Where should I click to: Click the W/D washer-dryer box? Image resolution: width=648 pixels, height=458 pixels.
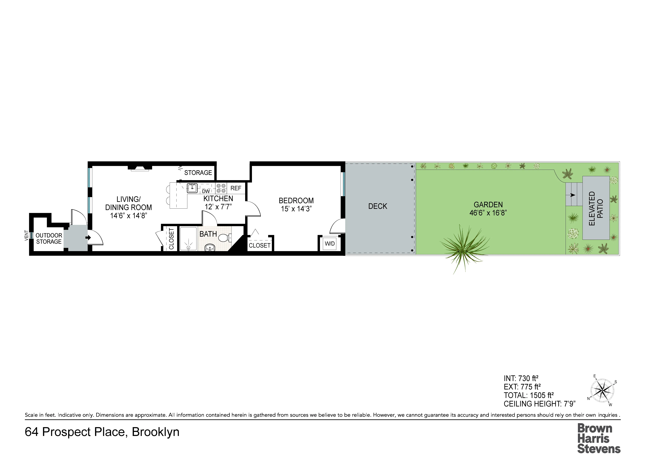330,243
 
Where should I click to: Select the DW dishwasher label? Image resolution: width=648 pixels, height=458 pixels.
206,191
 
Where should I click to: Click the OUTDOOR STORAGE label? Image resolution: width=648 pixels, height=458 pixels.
49,239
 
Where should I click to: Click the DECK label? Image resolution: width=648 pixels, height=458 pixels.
378,206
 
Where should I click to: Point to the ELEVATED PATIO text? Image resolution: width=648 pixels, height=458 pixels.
596,208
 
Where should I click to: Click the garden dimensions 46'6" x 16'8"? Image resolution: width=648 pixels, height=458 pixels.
488,213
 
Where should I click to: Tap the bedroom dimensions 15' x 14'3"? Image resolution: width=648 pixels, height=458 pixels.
296,209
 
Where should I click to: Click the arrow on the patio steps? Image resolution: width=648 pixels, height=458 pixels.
573,195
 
